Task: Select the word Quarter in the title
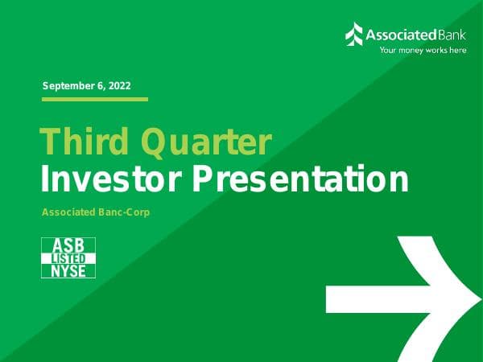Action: (206, 142)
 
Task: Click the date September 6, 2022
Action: (86, 85)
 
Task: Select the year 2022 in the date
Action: (118, 85)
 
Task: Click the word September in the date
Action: (66, 85)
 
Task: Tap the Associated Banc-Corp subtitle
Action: (96, 212)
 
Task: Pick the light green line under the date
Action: (94, 99)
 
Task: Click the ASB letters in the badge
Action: (68, 245)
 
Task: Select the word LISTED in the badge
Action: (68, 257)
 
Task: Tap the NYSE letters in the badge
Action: (68, 270)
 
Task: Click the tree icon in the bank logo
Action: (354, 34)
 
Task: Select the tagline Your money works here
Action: (423, 50)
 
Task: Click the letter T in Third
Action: (48, 142)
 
